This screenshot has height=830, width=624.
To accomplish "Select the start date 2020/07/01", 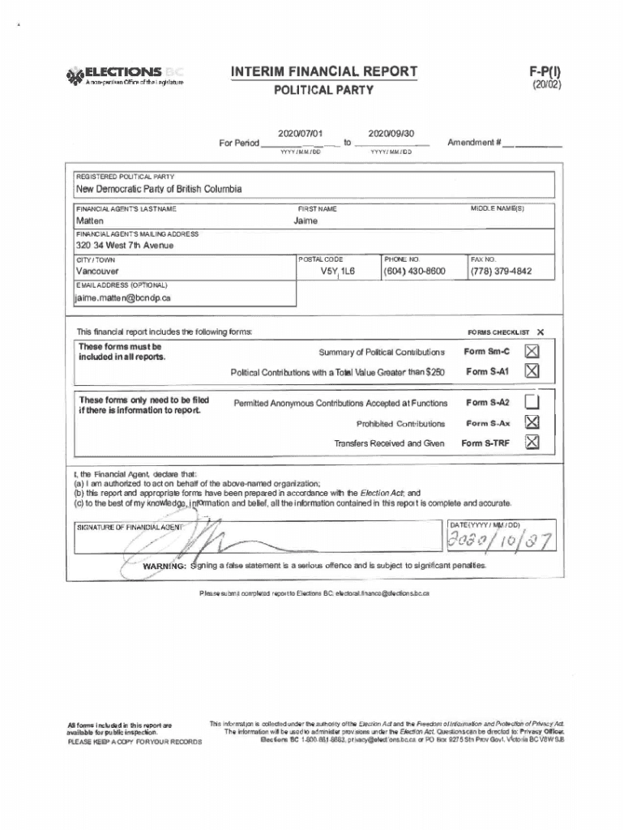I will tap(300, 133).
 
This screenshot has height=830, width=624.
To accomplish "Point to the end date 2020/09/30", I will tap(391, 133).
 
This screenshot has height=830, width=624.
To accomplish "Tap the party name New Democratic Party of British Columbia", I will tap(158, 189).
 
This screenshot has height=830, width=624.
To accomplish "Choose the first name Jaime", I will tap(306, 220).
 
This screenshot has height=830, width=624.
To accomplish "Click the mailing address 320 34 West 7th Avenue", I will tap(125, 245).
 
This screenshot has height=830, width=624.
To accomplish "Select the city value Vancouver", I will tap(96, 271).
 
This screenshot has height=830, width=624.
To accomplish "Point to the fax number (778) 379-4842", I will tap(502, 271).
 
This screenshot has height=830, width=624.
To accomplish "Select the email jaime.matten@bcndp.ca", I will tap(123, 297).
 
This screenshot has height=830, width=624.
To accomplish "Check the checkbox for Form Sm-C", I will tap(532, 351).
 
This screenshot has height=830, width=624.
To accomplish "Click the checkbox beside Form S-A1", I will tap(532, 371).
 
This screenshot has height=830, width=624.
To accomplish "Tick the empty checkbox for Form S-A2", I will tap(532, 402).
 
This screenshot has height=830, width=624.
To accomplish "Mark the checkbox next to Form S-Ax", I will tap(532, 422).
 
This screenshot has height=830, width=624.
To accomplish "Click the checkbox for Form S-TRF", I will tap(532, 443).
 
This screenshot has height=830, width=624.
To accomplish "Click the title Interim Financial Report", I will tap(324, 72).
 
